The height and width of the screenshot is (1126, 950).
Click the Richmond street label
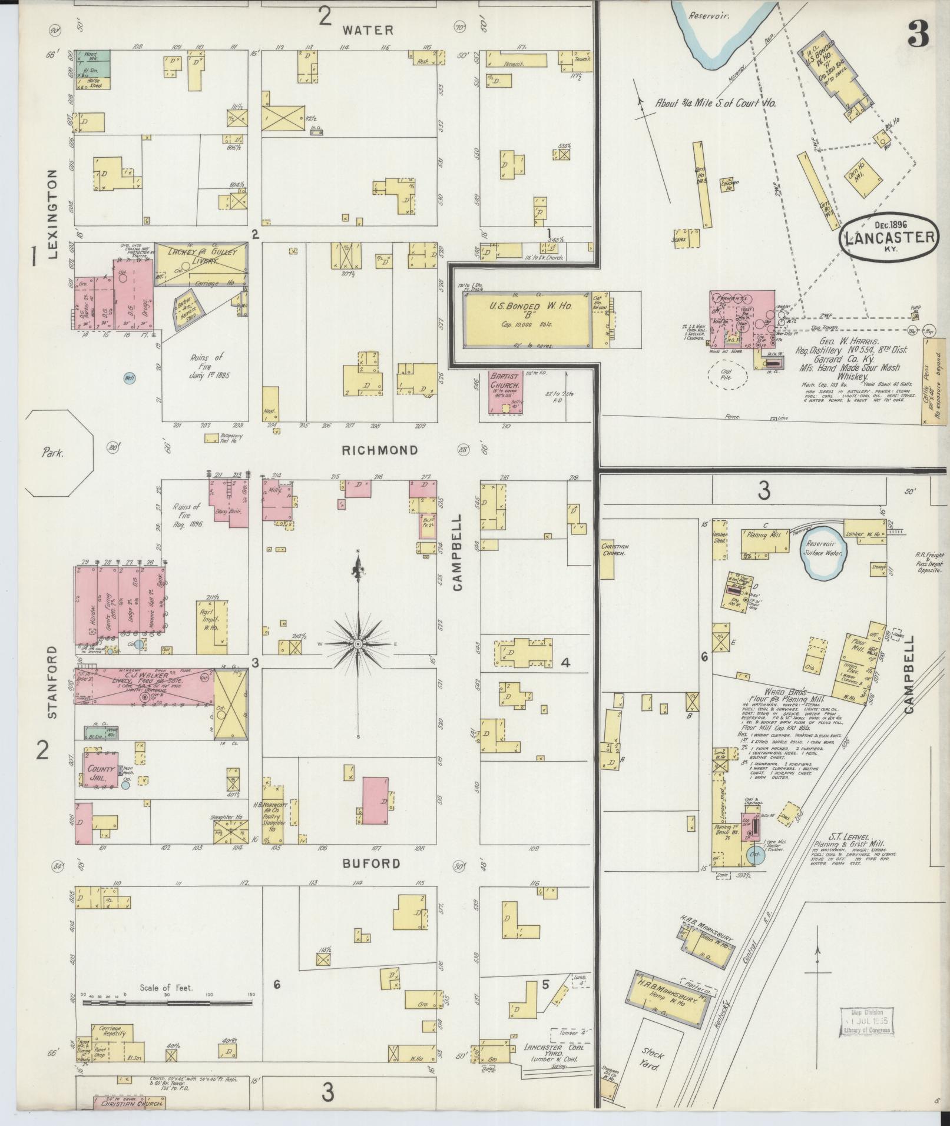pyautogui.click(x=380, y=450)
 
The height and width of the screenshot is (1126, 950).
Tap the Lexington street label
pyautogui.click(x=54, y=214)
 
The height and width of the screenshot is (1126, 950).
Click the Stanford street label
pyautogui.click(x=53, y=682)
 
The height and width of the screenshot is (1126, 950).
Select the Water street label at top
pyautogui.click(x=369, y=29)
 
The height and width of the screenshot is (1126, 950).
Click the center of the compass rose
pyautogui.click(x=358, y=645)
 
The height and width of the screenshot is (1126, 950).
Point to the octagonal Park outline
pyautogui.click(x=59, y=453)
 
